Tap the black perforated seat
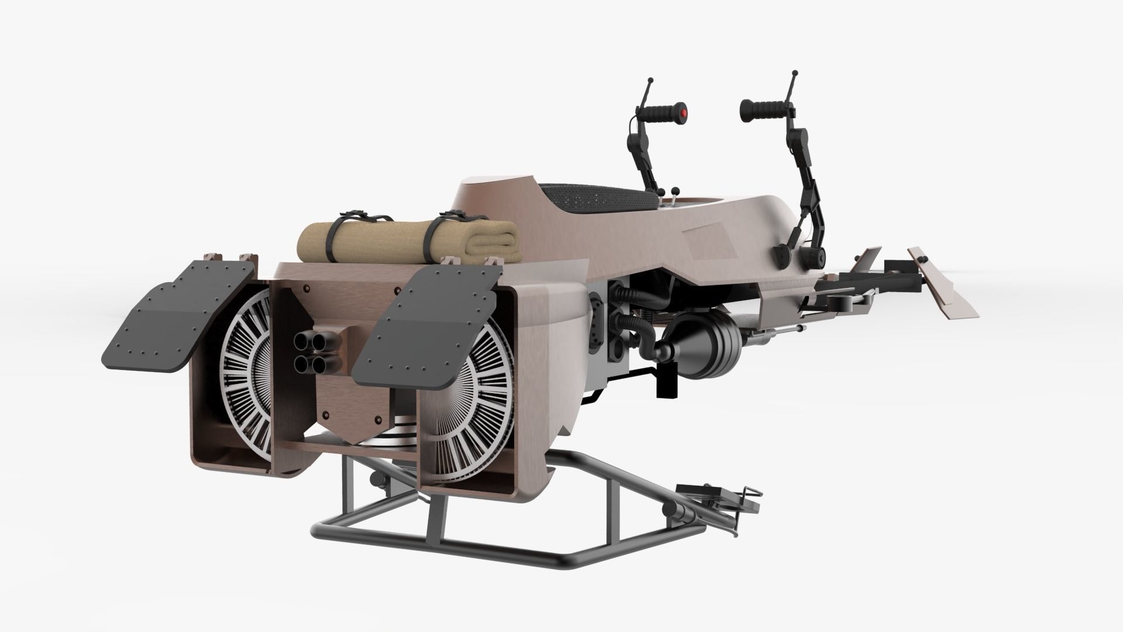tap(597, 199)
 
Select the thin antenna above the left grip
tap(649, 88)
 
